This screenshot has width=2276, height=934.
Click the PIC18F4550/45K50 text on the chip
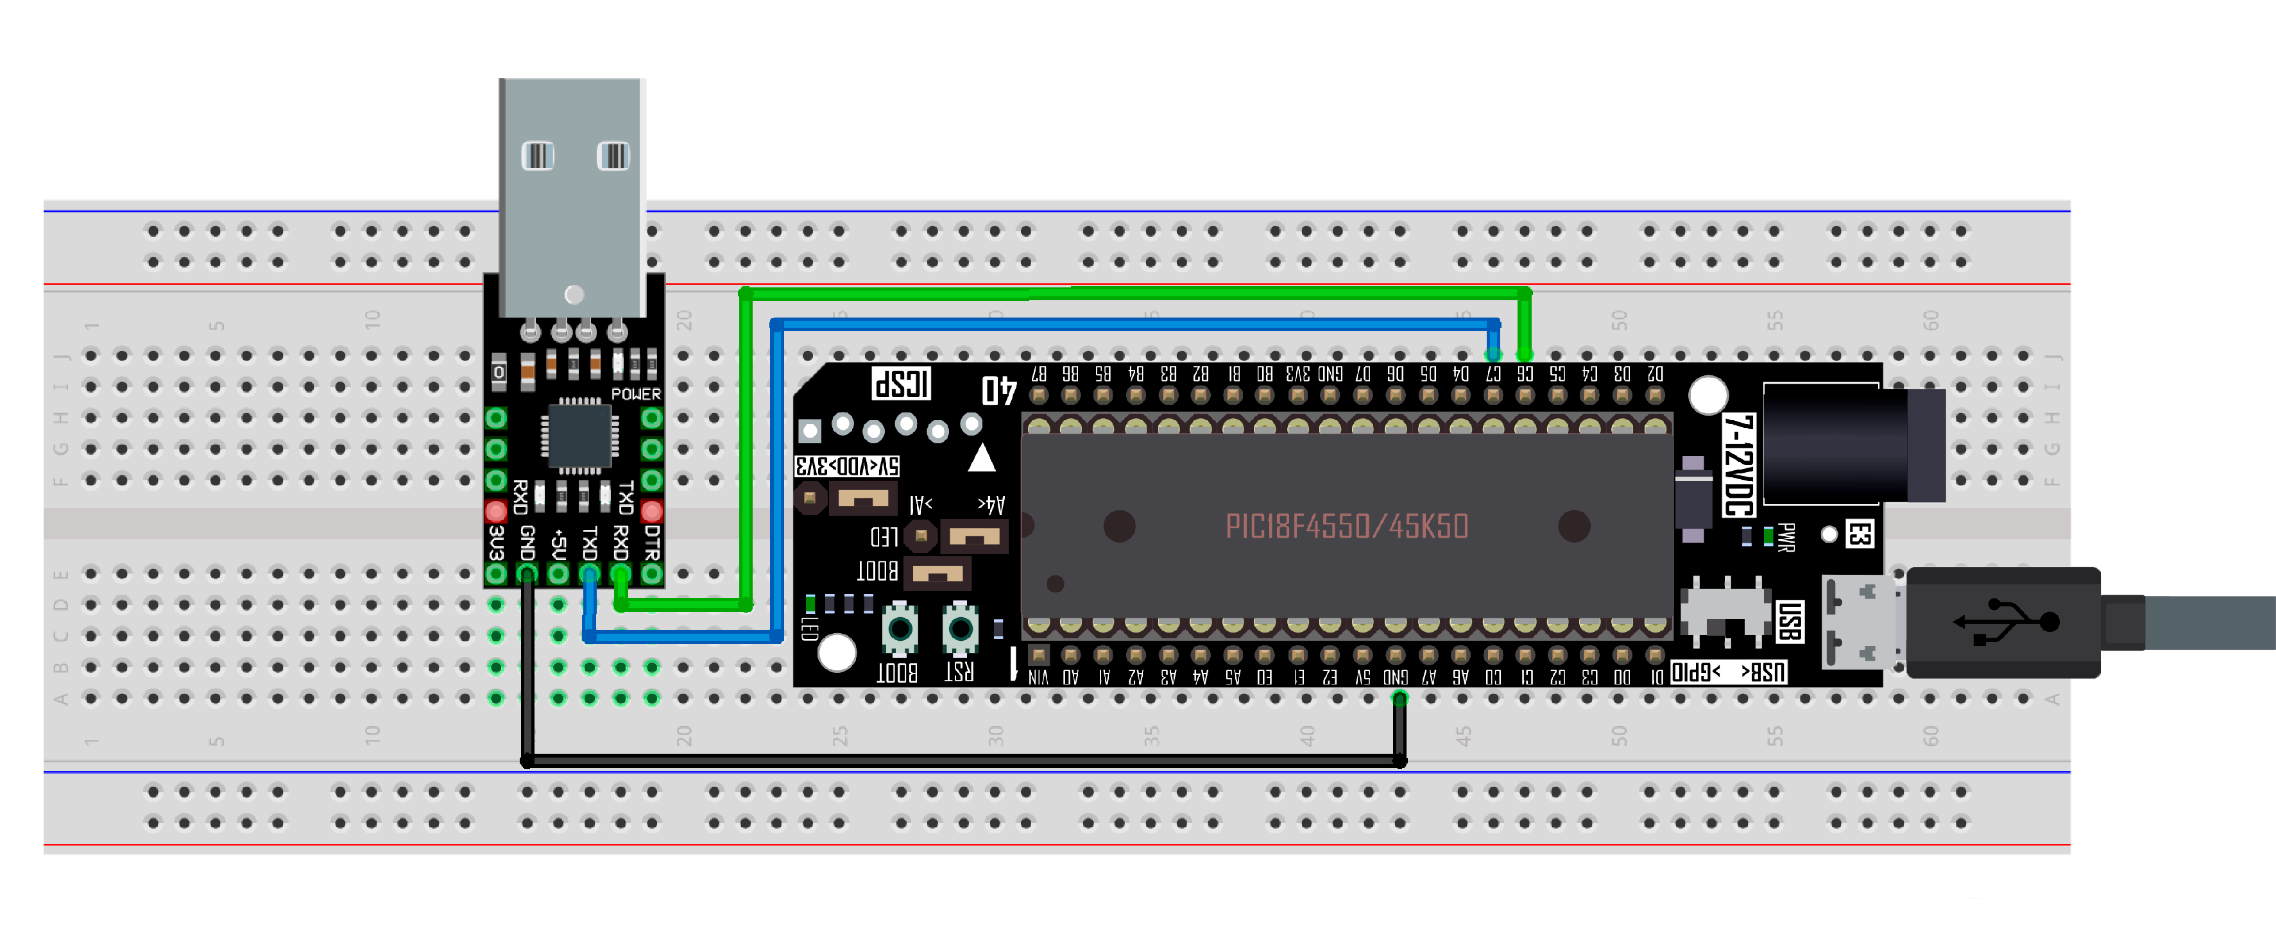1346,527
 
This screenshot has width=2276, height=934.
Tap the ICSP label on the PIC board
901,384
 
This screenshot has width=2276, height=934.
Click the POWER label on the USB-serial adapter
636,394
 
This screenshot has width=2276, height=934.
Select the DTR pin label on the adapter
652,543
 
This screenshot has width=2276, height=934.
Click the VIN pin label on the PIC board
1038,677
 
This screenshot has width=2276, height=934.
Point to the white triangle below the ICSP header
982,459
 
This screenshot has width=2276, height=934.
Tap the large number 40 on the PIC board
999,389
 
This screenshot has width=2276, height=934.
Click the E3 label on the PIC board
1859,534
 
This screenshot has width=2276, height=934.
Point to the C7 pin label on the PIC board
1493,374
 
